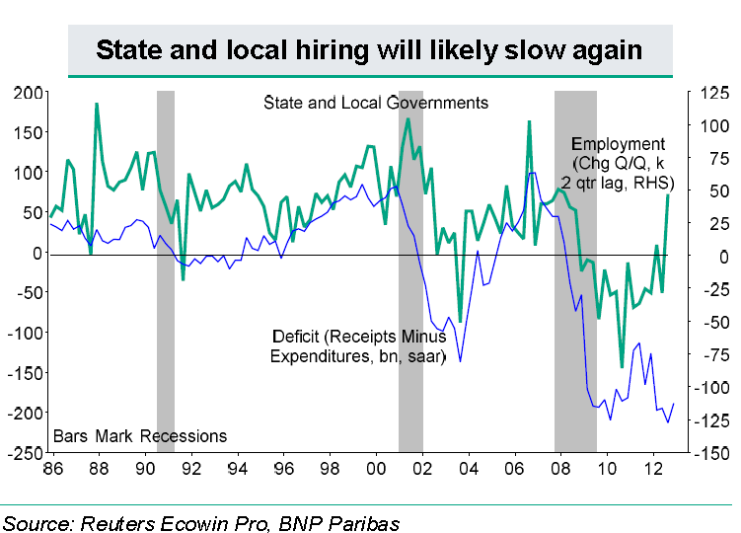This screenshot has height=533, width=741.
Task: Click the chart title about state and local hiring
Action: point(370,49)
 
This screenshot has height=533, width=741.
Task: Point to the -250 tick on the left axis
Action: point(26,453)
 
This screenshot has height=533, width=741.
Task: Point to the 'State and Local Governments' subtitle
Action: point(376,103)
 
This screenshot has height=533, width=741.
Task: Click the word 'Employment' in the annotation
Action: point(620,144)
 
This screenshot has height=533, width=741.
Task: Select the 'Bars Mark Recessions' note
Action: point(140,436)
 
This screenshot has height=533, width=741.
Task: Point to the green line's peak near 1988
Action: point(97,104)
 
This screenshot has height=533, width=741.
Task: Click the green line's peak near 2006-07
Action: point(530,121)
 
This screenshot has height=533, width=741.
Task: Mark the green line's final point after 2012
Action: point(668,194)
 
